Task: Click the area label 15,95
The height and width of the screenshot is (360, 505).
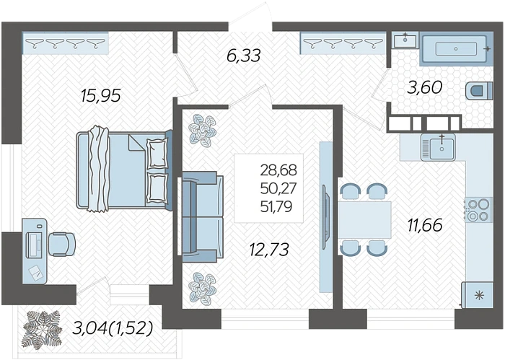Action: (x=101, y=96)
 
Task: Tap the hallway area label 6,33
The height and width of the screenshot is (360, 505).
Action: (x=244, y=56)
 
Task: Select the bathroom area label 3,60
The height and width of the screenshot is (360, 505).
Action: (x=424, y=87)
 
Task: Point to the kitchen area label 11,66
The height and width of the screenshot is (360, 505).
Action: (x=425, y=225)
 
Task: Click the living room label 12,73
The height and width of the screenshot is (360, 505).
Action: (x=269, y=250)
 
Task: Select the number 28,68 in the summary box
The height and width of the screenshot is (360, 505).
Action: (x=278, y=170)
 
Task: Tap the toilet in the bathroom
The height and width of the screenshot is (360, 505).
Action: (x=479, y=90)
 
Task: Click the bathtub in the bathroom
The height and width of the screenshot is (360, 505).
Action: (x=457, y=49)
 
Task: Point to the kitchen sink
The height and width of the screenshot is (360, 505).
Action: (x=438, y=147)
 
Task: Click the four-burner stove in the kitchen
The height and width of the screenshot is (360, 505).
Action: (x=478, y=210)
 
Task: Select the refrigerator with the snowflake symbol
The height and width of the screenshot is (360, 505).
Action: (x=478, y=295)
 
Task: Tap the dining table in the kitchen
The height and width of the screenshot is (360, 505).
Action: (x=364, y=220)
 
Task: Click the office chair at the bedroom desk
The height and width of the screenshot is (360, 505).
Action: (x=62, y=245)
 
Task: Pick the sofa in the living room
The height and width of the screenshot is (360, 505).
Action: (x=202, y=216)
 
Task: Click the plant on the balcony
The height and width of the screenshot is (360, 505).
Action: (x=42, y=330)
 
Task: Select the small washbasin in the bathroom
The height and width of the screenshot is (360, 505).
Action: (x=405, y=40)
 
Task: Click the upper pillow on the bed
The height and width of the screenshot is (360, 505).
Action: (x=157, y=153)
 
